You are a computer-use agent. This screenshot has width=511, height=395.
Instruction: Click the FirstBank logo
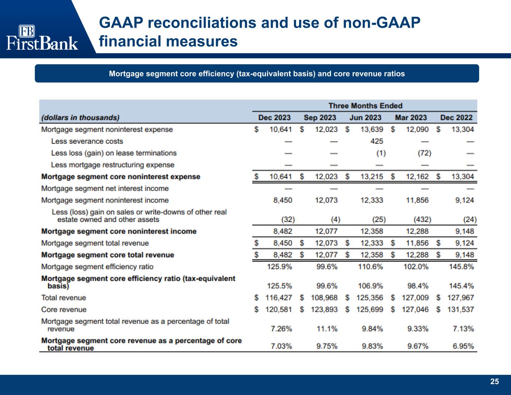pyautogui.click(x=42, y=38)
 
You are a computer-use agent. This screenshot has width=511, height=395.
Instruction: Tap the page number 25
pyautogui.click(x=495, y=382)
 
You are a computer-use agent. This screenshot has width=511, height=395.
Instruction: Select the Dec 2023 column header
pyautogui.click(x=274, y=118)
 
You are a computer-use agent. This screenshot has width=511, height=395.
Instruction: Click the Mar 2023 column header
pyautogui.click(x=411, y=118)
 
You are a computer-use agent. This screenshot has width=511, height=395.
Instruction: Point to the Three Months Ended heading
pyautogui.click(x=365, y=106)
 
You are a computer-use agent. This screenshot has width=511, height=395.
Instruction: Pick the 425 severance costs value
pyautogui.click(x=377, y=141)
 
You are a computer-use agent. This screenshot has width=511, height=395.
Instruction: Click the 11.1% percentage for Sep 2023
pyautogui.click(x=327, y=329)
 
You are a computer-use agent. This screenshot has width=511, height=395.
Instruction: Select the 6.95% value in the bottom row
pyautogui.click(x=463, y=346)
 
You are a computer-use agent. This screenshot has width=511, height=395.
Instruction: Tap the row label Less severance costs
pyautogui.click(x=87, y=141)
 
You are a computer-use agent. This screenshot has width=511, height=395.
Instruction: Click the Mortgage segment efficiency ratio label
pyautogui.click(x=97, y=267)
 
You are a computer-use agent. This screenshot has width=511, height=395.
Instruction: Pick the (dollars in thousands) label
pyautogui.click(x=80, y=118)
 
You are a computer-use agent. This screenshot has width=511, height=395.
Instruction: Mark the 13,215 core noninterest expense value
pyautogui.click(x=371, y=177)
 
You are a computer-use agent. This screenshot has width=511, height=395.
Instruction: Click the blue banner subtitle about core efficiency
pyautogui.click(x=257, y=73)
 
